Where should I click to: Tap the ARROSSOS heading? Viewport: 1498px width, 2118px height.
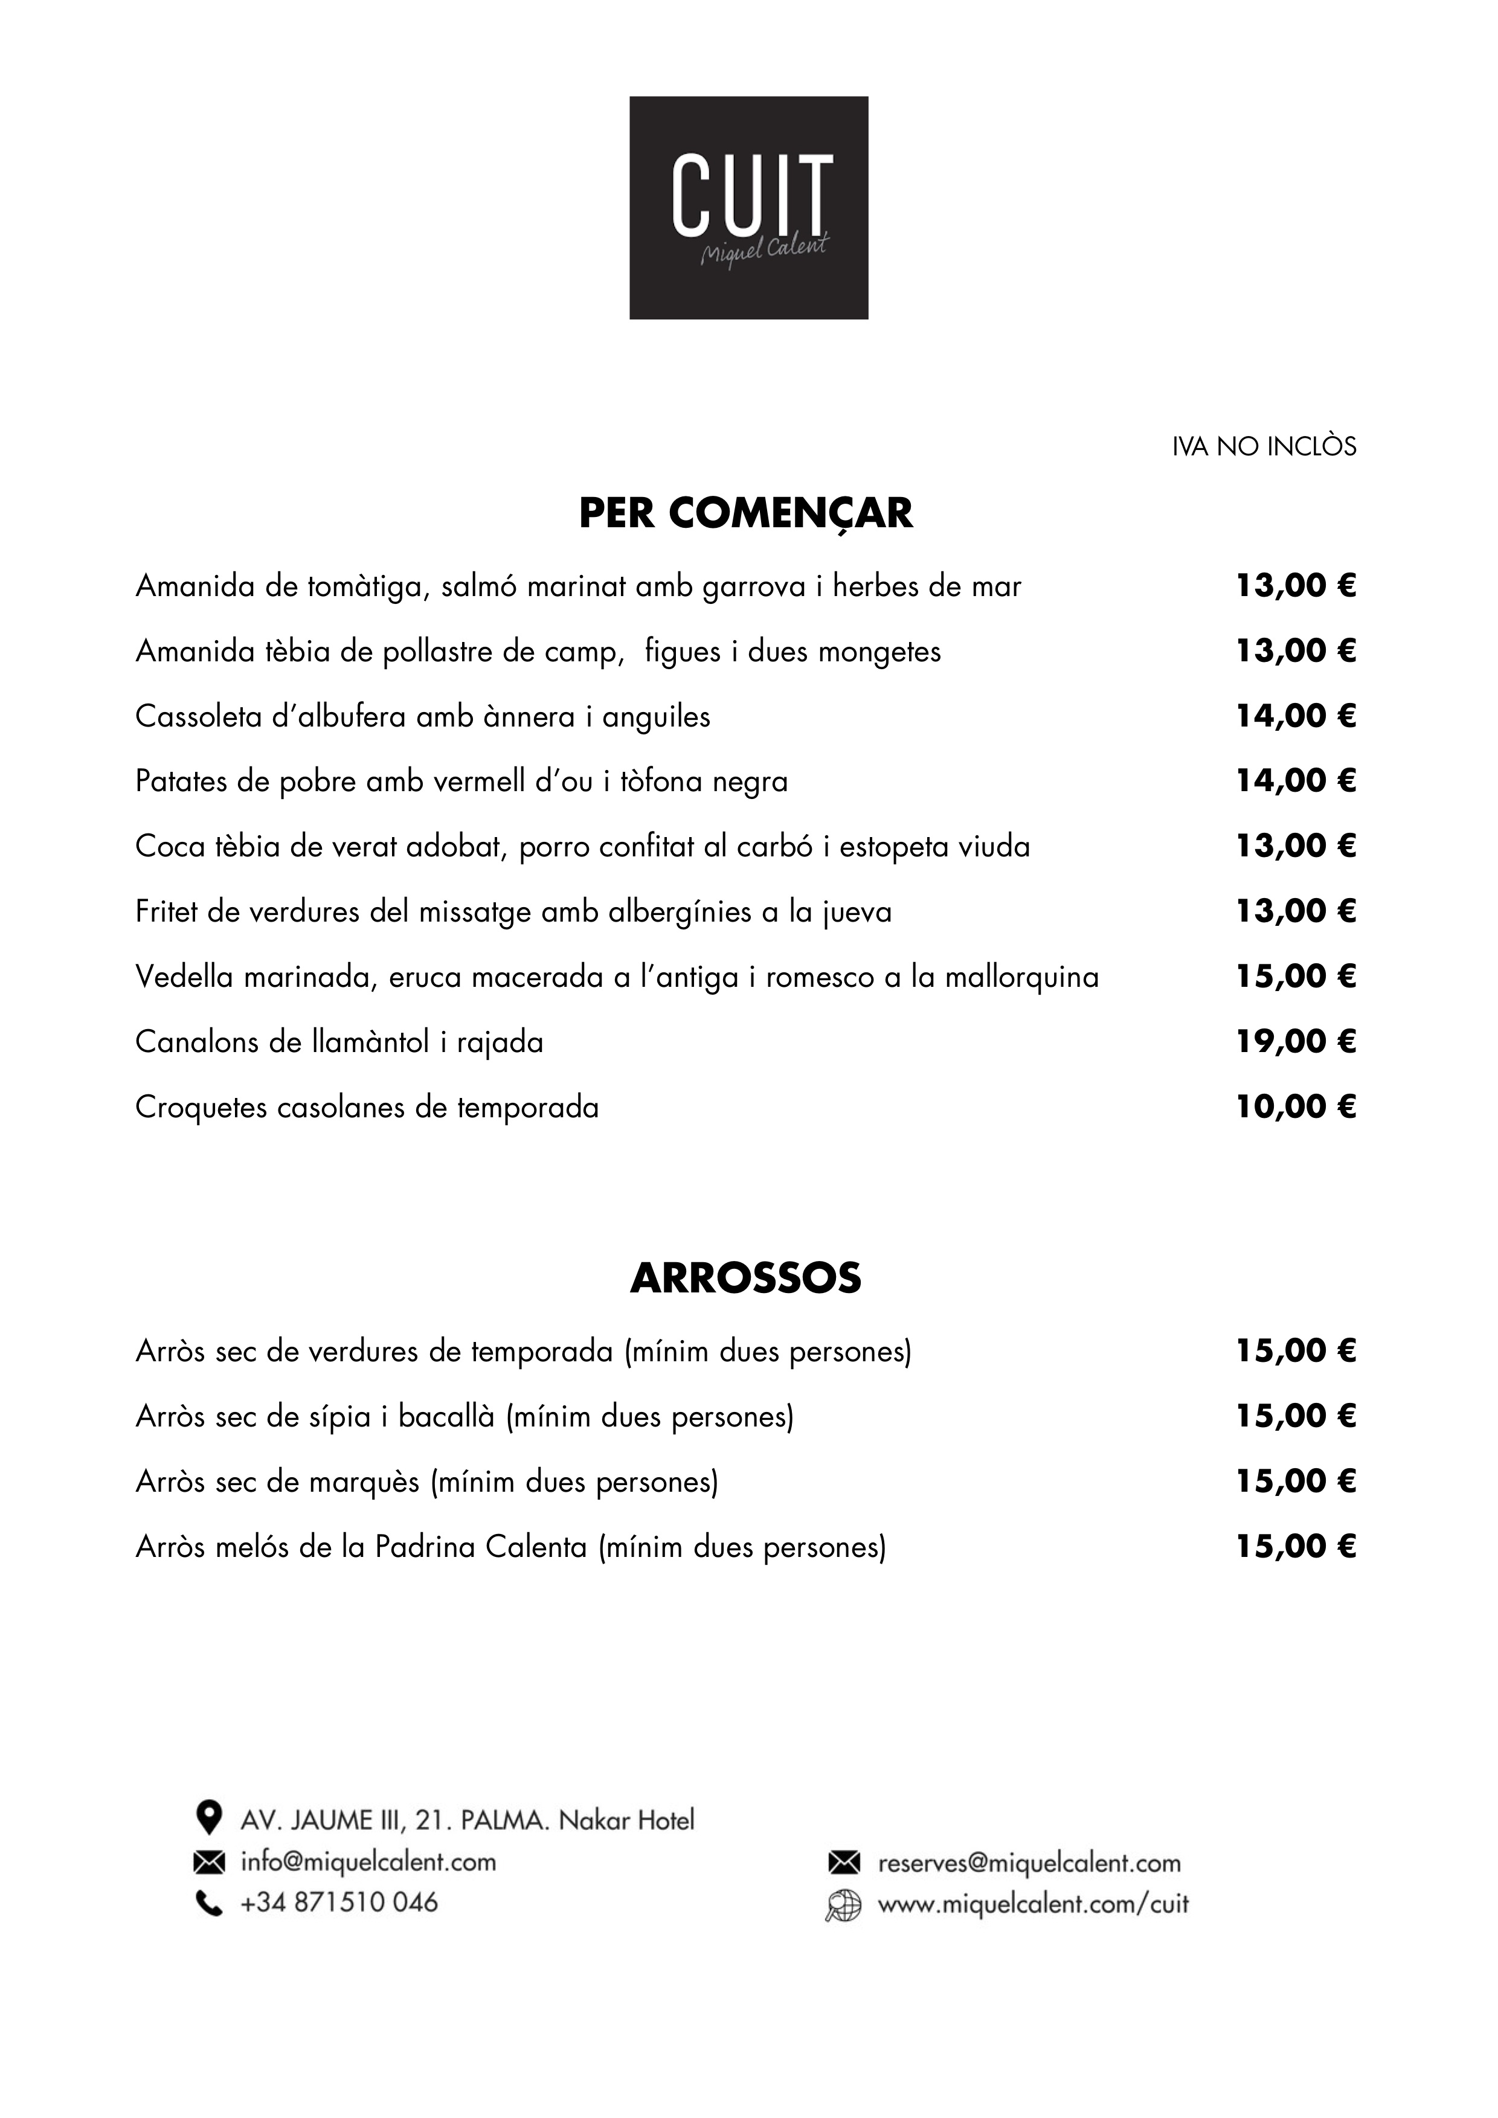[745, 1279]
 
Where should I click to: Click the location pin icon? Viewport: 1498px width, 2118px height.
[210, 1817]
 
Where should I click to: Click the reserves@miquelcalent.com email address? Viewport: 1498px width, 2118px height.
[1029, 1863]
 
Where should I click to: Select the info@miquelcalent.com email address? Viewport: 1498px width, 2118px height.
[368, 1861]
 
